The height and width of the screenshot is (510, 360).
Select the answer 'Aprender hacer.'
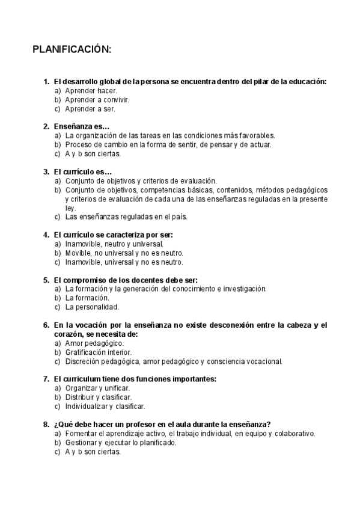click(x=91, y=91)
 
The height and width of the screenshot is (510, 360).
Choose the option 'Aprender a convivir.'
click(x=97, y=100)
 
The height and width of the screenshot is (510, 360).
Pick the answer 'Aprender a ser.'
click(x=90, y=109)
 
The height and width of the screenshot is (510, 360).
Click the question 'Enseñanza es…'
click(x=81, y=126)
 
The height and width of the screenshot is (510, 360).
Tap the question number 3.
click(x=46, y=171)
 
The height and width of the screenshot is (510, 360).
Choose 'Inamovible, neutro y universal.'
click(x=114, y=244)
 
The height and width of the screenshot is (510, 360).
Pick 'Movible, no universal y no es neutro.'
click(x=124, y=253)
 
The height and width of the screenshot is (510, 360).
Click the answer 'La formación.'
click(x=87, y=298)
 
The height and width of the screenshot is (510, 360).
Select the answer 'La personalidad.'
click(x=92, y=307)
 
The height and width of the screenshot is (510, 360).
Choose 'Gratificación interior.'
click(x=98, y=352)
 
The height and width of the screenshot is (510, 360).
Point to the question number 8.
click(x=46, y=424)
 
